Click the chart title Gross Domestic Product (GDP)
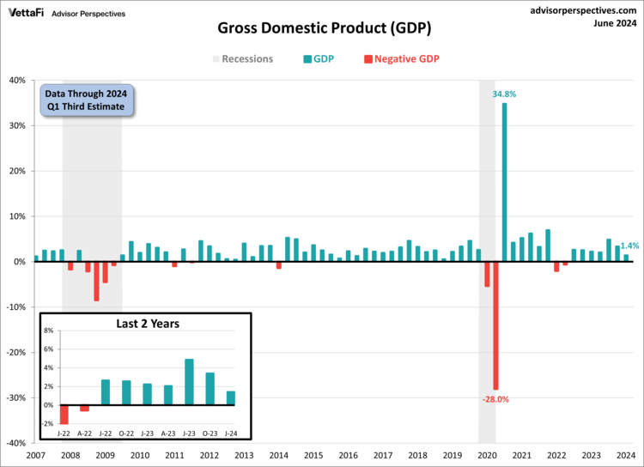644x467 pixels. (x=324, y=28)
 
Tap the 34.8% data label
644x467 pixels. (x=504, y=94)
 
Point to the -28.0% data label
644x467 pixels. (x=495, y=399)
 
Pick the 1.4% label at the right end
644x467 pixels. (x=629, y=246)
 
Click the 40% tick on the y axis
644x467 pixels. (x=16, y=80)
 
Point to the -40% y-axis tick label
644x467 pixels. (x=15, y=444)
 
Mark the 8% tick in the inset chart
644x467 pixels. (x=48, y=331)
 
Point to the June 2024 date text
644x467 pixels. (x=614, y=23)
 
